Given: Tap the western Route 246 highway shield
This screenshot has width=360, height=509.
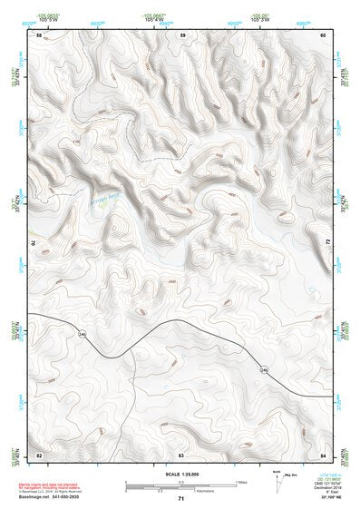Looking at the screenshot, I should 82,335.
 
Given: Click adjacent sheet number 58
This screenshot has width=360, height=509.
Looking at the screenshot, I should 38,34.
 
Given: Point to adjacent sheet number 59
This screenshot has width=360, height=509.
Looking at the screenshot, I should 183,34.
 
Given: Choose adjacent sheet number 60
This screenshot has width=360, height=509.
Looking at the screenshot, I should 323,34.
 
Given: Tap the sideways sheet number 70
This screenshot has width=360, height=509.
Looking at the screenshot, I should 37,243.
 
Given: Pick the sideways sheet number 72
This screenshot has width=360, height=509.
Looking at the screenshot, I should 326,243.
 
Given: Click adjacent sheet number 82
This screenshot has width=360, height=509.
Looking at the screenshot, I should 38,453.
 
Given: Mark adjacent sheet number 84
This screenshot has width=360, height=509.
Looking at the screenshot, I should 323,453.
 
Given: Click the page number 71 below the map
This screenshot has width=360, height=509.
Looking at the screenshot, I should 180,498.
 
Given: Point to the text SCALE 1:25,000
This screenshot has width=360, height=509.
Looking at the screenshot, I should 180,474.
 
